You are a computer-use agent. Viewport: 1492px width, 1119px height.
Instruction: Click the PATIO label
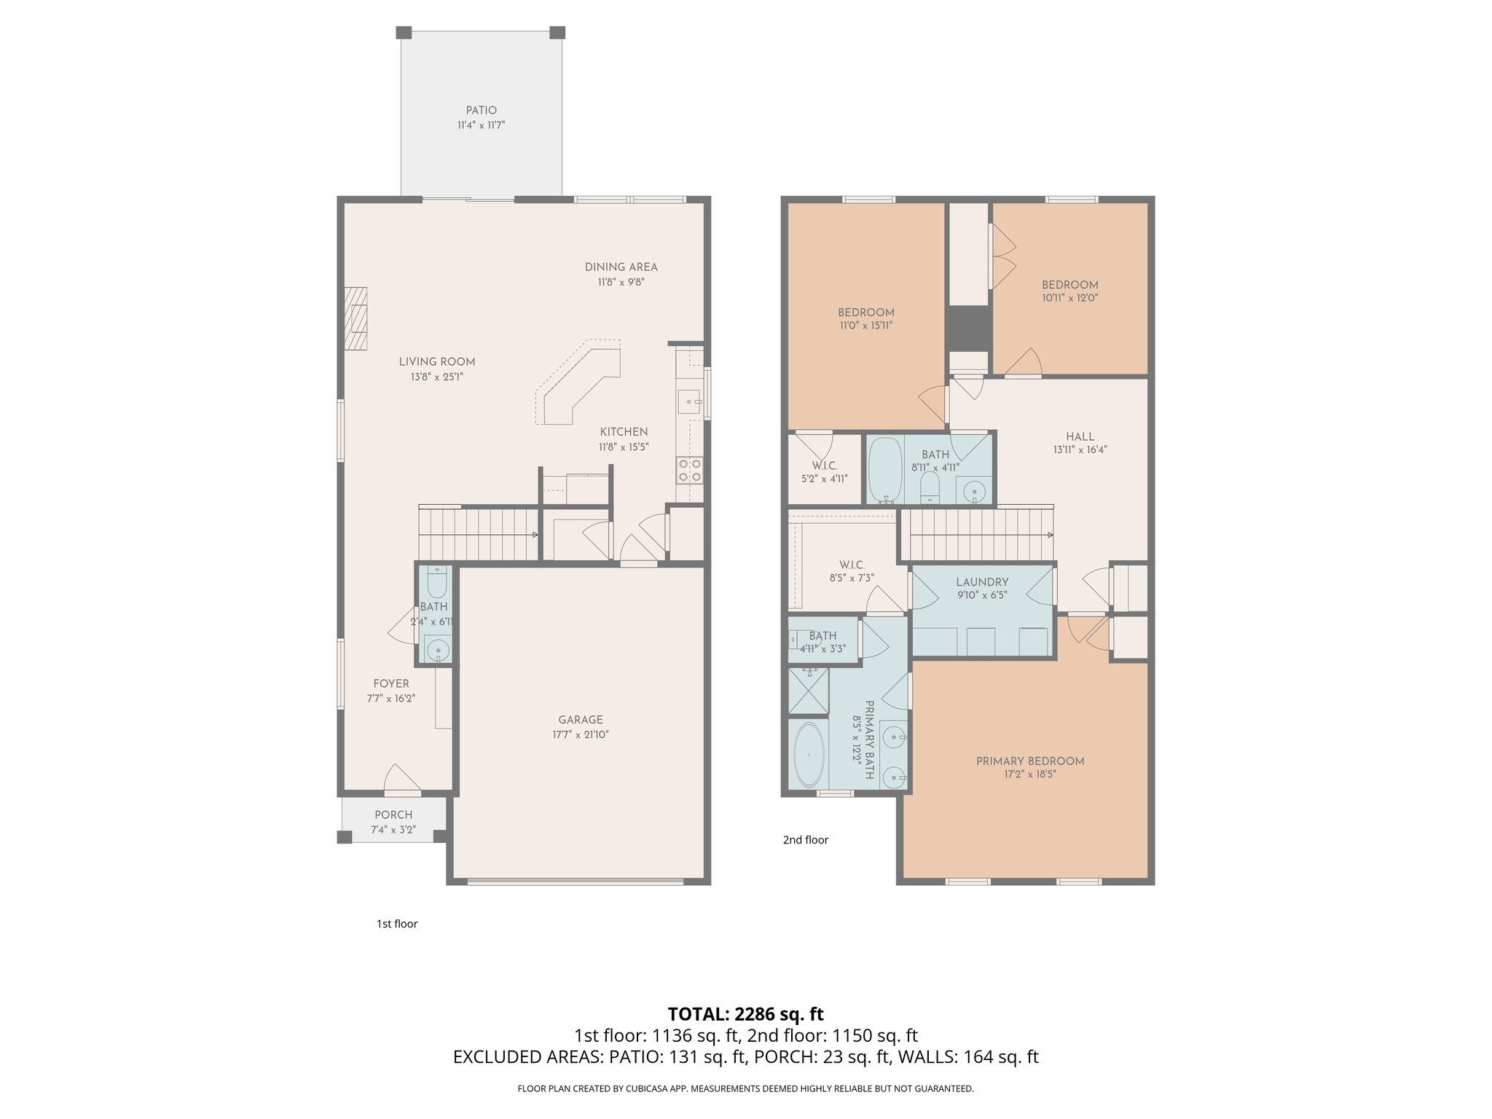pyautogui.click(x=481, y=111)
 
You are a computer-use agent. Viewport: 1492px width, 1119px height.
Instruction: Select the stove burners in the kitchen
pyautogui.click(x=689, y=470)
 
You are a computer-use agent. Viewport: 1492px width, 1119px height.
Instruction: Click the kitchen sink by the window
pyautogui.click(x=688, y=401)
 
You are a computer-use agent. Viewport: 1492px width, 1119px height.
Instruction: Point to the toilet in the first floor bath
pyautogui.click(x=436, y=584)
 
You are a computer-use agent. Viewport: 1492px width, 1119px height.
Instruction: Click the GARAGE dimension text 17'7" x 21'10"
pyautogui.click(x=580, y=735)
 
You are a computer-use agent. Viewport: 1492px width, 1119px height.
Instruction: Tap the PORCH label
pyautogui.click(x=393, y=815)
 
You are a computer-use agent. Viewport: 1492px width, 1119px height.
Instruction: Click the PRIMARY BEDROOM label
pyautogui.click(x=1029, y=761)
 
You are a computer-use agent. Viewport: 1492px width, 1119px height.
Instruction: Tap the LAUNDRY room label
pyautogui.click(x=982, y=582)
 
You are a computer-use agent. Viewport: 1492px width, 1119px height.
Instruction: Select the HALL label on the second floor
pyautogui.click(x=1080, y=436)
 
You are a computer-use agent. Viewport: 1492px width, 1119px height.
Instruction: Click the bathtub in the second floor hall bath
pyautogui.click(x=884, y=470)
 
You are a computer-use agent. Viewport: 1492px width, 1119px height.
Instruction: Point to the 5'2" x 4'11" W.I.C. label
pyautogui.click(x=825, y=472)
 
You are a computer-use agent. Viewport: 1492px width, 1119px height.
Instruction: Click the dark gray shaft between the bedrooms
pyautogui.click(x=968, y=328)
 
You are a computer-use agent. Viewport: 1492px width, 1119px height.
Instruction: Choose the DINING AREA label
pyautogui.click(x=621, y=267)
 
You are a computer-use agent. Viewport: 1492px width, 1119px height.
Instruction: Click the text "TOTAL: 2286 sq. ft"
pyautogui.click(x=745, y=1014)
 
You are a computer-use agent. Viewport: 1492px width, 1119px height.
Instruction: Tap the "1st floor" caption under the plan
pyautogui.click(x=396, y=924)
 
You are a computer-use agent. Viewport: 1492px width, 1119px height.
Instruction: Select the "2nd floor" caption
pyautogui.click(x=805, y=840)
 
